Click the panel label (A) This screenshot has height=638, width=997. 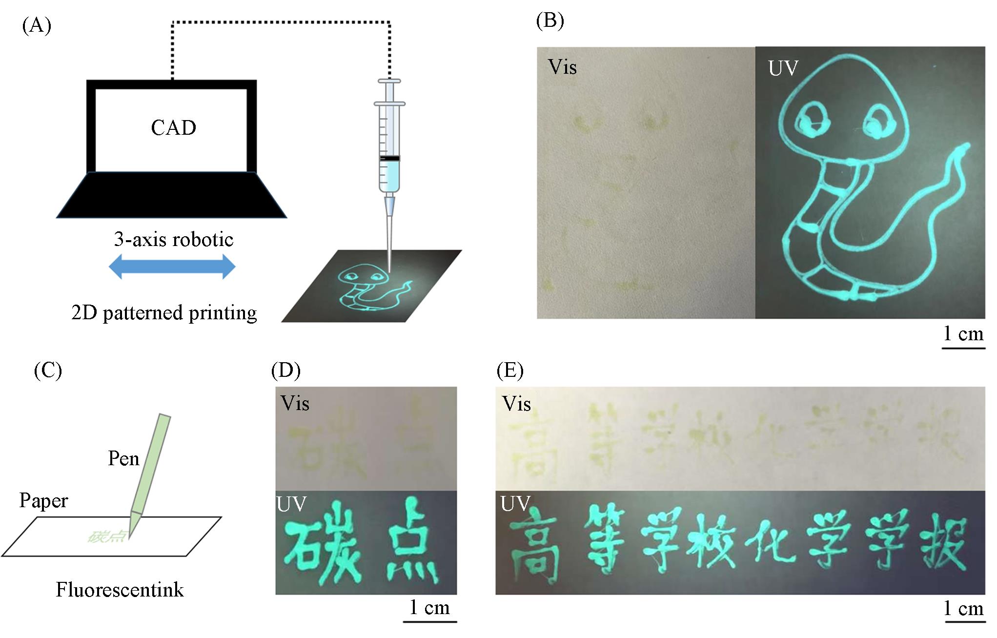point(37,25)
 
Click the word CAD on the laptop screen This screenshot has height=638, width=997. point(173,128)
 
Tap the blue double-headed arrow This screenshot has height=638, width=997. point(172,267)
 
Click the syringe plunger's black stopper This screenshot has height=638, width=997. point(389,158)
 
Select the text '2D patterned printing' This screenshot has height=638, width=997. point(164,313)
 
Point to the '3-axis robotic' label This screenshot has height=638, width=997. point(174,239)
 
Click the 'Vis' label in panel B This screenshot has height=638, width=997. point(562,67)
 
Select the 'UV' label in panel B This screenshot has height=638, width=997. point(783,68)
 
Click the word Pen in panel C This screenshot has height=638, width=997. point(123,458)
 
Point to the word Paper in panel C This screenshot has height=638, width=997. point(43,501)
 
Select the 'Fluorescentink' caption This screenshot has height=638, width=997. point(120,590)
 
